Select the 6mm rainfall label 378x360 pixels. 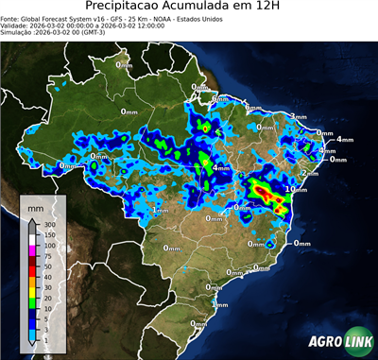218,99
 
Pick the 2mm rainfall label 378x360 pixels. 309,173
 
